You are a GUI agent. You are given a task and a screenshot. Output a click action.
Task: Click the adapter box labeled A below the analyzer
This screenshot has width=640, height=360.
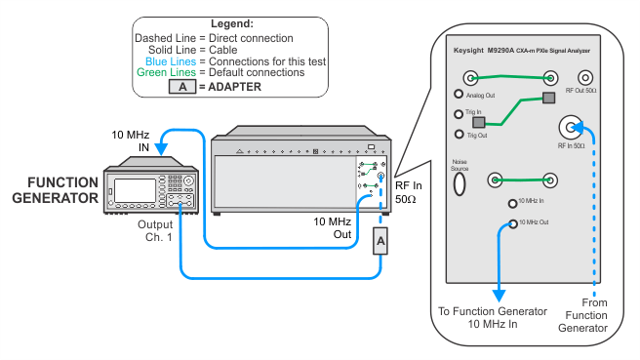point(380,241)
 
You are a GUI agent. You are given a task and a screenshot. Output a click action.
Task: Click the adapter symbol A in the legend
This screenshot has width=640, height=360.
point(182,87)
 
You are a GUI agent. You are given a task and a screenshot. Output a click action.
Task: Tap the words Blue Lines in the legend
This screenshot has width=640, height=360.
point(171,61)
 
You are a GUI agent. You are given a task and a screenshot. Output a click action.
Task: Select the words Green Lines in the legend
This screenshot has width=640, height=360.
point(166,72)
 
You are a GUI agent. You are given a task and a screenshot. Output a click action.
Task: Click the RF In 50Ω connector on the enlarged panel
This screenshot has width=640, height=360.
point(571,128)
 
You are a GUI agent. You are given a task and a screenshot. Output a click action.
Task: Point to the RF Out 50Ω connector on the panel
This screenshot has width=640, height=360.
point(585,77)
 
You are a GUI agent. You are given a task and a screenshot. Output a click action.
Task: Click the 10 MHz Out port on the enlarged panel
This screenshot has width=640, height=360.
point(513,223)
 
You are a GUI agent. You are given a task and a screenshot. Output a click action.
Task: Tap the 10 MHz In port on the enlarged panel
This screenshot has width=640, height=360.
point(512,203)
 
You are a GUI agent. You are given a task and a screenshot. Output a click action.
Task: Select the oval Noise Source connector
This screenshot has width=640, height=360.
point(460,184)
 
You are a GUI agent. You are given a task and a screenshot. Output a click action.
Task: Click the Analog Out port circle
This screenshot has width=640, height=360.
point(459,94)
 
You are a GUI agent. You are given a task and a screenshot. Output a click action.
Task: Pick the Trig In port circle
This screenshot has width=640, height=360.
point(459,114)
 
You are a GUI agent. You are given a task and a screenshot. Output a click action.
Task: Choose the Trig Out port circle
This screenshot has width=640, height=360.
point(460,134)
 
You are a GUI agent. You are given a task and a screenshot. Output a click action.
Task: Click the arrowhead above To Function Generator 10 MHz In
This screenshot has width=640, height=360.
point(499,296)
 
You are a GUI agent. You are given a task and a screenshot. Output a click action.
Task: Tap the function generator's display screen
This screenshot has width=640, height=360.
point(135,190)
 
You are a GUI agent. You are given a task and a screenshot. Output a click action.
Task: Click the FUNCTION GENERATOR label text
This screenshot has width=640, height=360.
point(55,190)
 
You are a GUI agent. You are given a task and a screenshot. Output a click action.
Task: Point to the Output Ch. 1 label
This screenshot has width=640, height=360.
point(155,231)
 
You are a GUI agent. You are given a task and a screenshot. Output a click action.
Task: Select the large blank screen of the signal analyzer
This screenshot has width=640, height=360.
point(285,181)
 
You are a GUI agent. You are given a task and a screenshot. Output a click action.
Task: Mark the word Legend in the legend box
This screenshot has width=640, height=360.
point(232,23)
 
